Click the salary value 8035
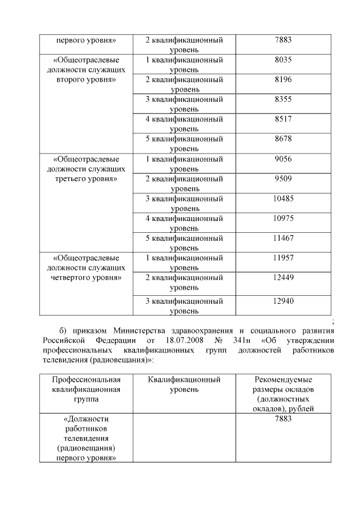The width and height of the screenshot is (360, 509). coord(283,60)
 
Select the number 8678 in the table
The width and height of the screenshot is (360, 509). coord(283,139)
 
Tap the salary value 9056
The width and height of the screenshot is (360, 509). coord(283,159)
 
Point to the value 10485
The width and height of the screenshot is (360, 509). coord(283,198)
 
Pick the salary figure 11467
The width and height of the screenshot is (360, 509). coord(283,238)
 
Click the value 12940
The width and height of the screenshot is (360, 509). coord(283,301)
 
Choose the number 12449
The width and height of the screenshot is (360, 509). coord(283,277)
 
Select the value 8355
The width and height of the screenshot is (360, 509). coord(283,99)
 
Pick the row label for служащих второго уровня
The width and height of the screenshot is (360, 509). coord(86,69)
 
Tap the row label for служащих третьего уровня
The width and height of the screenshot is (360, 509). coord(86,169)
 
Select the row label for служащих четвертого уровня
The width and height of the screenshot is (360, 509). coord(86,268)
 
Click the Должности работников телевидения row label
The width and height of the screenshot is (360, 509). coord(86,438)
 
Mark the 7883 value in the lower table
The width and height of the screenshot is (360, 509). coord(283,419)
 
